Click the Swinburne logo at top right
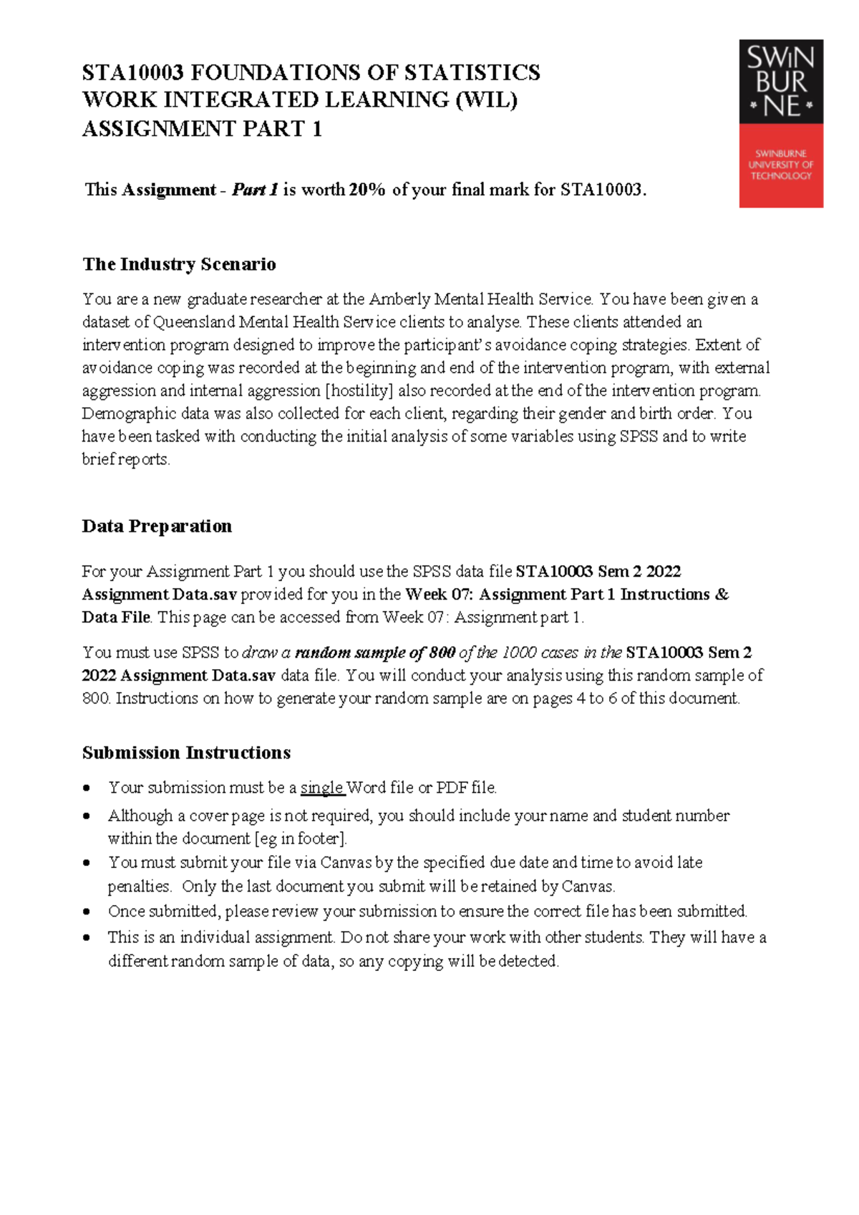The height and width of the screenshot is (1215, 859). tap(781, 123)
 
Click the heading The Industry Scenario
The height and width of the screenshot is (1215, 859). tap(179, 264)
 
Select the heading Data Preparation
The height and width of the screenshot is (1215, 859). tap(157, 526)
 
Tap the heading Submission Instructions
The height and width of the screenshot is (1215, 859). tap(186, 753)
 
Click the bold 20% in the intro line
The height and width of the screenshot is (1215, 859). tap(367, 190)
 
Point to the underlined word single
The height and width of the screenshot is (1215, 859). tap(321, 788)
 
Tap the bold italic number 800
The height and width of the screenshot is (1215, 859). tap(442, 653)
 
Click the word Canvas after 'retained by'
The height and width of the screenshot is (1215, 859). tap(587, 887)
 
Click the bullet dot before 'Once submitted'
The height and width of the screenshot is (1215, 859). tap(87, 912)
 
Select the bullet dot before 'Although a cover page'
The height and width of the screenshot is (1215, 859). tap(87, 816)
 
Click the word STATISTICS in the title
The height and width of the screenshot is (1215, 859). tap(472, 72)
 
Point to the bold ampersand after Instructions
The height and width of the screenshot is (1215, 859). tap(722, 595)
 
